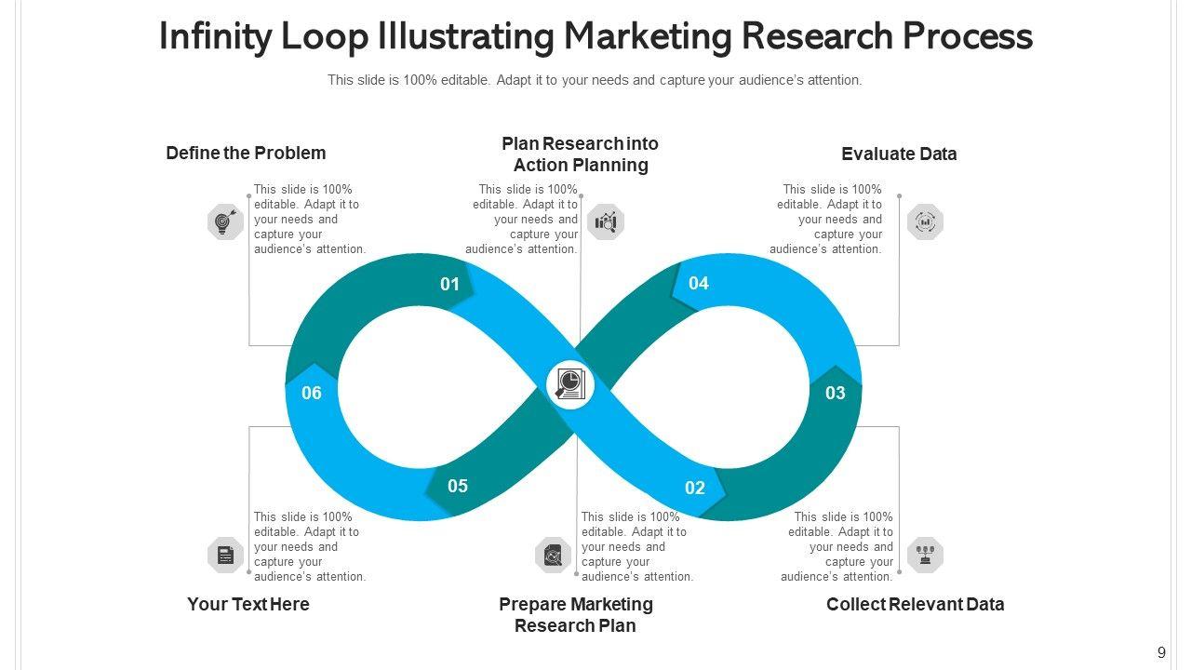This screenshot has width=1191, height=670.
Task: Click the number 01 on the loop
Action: coord(450,284)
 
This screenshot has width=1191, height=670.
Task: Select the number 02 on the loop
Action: coord(695,488)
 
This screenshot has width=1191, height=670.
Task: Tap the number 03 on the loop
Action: coord(836,393)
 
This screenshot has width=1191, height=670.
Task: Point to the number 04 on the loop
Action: coord(699,283)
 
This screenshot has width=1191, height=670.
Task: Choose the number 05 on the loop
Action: coord(458,486)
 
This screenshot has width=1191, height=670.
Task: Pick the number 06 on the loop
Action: coord(312,393)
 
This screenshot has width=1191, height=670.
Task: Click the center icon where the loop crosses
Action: coord(569,383)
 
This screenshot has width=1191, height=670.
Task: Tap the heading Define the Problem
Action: coord(246,153)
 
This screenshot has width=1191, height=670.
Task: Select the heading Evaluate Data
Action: coord(899,154)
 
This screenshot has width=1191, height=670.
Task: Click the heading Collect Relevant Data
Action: coord(915,604)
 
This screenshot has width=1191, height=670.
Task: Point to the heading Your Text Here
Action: coord(248,604)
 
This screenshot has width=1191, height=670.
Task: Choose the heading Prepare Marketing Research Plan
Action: coord(576,615)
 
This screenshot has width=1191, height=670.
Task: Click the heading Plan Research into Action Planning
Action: coord(581,154)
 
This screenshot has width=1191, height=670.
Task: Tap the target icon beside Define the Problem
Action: coord(225,221)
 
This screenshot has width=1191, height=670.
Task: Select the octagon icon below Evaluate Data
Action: coord(925,221)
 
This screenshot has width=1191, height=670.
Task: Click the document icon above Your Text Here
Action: coord(225,556)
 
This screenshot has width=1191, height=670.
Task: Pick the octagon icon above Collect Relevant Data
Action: coord(925,555)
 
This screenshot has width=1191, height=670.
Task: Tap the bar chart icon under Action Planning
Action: coord(606,221)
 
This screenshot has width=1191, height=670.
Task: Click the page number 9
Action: coord(1161,652)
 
